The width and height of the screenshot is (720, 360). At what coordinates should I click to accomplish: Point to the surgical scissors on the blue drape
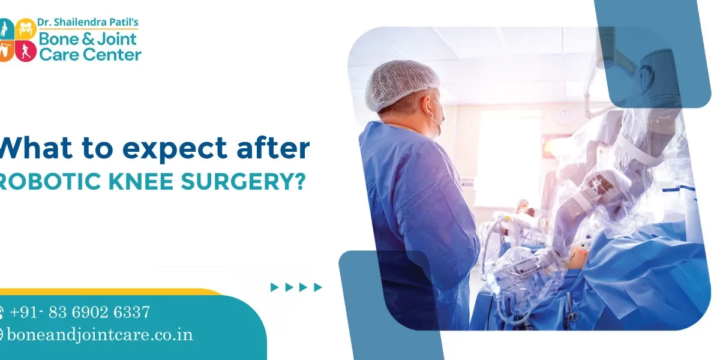pyautogui.click(x=569, y=310)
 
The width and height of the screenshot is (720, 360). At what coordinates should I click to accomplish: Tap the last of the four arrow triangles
pyautogui.click(x=318, y=287)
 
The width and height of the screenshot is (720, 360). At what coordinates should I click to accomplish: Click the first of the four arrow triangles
pyautogui.click(x=274, y=287)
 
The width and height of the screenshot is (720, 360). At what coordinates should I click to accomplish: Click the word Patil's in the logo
pyautogui.click(x=124, y=22)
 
